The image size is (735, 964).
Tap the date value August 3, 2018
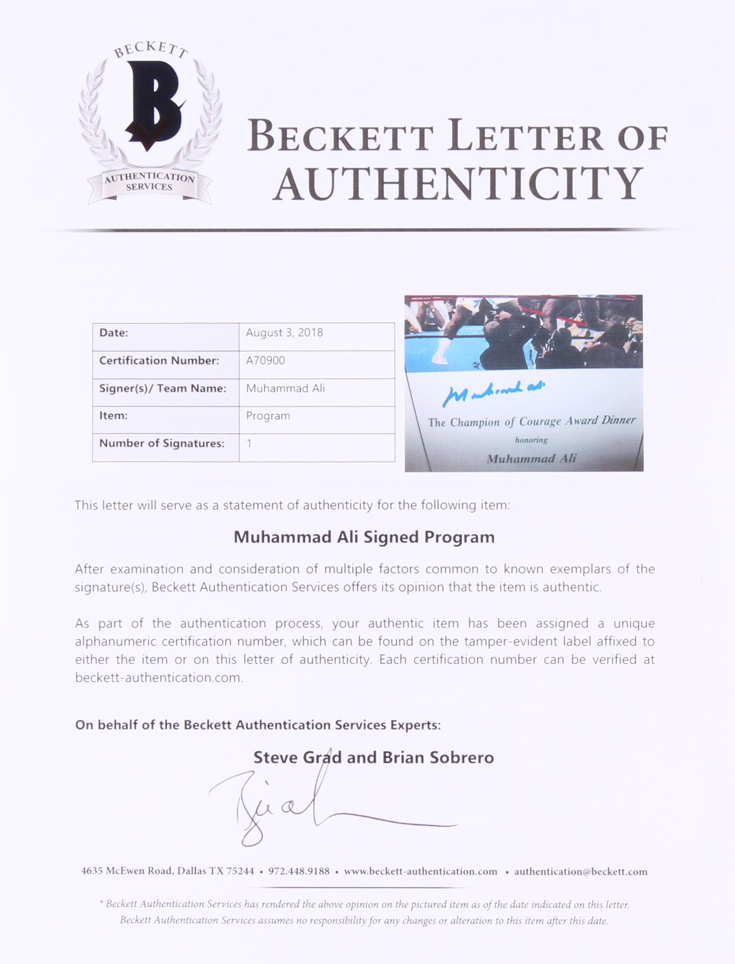[x=284, y=333]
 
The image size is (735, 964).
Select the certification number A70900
[x=265, y=361]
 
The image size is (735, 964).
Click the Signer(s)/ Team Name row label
[x=163, y=388]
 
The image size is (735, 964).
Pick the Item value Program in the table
[x=268, y=416]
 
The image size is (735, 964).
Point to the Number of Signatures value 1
[x=249, y=443]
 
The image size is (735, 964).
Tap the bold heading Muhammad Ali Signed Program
[x=364, y=537]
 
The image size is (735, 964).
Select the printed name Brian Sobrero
[x=438, y=757]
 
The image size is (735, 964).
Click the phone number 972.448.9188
[x=299, y=871]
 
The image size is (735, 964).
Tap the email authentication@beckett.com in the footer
[x=580, y=871]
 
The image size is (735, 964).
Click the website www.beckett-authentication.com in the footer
[x=420, y=871]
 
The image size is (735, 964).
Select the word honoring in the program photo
[x=531, y=440]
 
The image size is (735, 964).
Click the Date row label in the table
[x=114, y=333]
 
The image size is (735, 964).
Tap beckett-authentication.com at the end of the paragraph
[x=159, y=678]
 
